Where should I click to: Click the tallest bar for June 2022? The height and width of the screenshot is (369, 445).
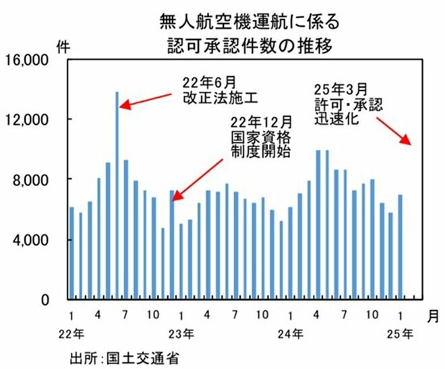[x=117, y=196]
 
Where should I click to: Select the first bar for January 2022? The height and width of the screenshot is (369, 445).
[x=71, y=253]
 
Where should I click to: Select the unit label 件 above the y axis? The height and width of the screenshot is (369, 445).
[x=63, y=46]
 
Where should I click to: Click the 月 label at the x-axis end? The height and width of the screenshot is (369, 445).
[x=432, y=315]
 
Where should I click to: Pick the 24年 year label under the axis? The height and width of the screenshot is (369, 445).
[x=291, y=334]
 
